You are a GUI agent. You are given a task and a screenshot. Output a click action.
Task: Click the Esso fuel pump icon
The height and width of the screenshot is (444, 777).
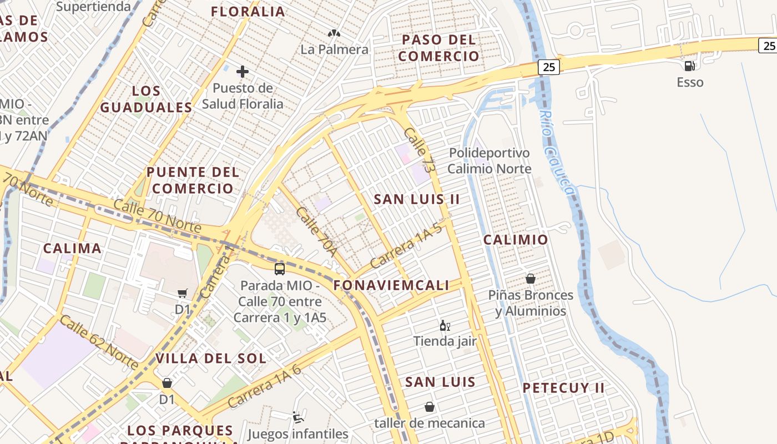(x=689, y=65)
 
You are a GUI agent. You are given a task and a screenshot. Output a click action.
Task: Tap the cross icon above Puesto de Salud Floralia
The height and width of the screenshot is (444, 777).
(x=243, y=72)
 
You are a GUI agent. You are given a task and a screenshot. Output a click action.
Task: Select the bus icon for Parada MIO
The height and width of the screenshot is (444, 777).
(x=280, y=269)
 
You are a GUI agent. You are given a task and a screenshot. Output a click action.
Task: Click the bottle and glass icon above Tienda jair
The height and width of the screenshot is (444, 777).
(x=445, y=325)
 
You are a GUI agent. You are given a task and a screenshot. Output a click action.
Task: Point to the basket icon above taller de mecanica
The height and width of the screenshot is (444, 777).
(x=429, y=407)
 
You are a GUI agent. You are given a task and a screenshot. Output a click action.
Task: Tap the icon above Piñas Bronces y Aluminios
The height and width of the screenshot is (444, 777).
(x=531, y=279)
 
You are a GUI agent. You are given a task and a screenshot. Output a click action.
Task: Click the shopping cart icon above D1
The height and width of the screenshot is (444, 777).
(x=183, y=293)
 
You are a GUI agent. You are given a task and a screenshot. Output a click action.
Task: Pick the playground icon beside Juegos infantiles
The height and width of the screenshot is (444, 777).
(x=298, y=417)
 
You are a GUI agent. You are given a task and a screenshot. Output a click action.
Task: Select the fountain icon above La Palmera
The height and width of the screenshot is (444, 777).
(x=334, y=34)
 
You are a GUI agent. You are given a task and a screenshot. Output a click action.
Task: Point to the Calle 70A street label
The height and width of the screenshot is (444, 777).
(x=317, y=232)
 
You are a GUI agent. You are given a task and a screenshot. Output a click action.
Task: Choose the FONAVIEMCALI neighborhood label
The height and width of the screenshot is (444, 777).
(x=391, y=285)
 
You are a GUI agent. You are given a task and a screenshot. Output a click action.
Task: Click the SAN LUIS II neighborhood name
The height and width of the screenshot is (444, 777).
(x=416, y=199)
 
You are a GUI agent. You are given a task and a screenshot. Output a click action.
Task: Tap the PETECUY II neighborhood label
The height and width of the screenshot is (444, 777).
(x=563, y=388)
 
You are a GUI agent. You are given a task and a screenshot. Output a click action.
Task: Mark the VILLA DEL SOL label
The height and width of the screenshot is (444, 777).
(x=211, y=358)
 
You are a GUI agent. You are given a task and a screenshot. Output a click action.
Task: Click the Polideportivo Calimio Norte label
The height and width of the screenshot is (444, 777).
(x=489, y=160)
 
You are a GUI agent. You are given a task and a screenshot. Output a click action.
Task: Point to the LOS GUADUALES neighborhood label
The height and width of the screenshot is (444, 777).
(x=146, y=99)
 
